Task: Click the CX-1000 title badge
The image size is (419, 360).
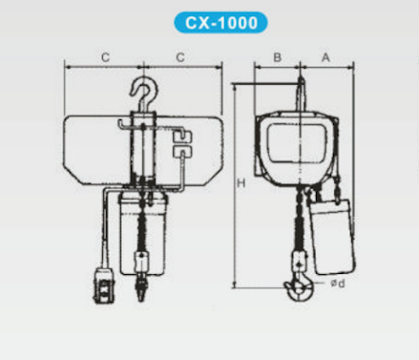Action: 220,23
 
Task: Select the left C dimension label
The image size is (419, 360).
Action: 105,57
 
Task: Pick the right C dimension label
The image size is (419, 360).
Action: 180,57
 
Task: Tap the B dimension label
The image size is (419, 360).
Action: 278,57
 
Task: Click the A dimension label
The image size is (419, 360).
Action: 325,57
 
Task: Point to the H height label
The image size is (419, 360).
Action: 241,183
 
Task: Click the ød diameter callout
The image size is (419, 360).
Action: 338,283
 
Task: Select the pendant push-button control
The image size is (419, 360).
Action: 103,286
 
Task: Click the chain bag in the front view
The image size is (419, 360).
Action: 143,233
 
